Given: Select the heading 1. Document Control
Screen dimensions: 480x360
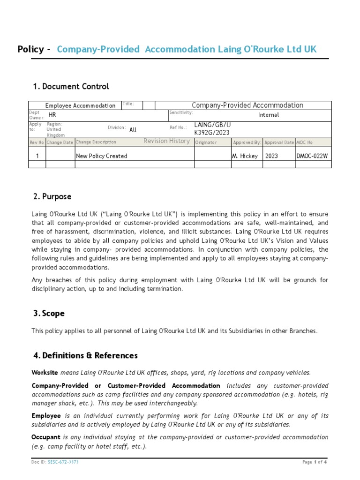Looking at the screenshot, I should point(71,86).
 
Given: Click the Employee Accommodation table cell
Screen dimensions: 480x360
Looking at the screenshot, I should point(80,105).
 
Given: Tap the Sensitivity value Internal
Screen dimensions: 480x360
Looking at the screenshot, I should point(268,115).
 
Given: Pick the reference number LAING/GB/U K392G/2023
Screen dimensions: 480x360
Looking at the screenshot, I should point(212,128).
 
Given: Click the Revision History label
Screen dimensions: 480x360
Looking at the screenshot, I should point(166,141).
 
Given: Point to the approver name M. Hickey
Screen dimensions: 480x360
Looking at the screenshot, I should point(245,156).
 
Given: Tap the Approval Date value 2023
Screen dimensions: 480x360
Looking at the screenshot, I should point(271,156).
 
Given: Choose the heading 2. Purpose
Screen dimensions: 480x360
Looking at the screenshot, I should point(52,196).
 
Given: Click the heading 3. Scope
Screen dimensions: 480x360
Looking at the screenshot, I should point(49,313).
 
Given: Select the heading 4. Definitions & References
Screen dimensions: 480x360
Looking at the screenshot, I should point(85,355).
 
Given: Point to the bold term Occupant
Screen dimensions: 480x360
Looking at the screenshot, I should point(45,437).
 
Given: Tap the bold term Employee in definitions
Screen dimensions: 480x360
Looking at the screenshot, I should point(46,416).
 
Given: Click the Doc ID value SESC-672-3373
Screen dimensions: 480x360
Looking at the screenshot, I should point(63,462).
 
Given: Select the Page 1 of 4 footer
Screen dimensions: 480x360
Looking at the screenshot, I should point(315,462).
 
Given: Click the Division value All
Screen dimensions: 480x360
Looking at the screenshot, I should point(133,130).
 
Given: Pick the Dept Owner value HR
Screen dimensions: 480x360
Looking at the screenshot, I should point(52,114).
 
